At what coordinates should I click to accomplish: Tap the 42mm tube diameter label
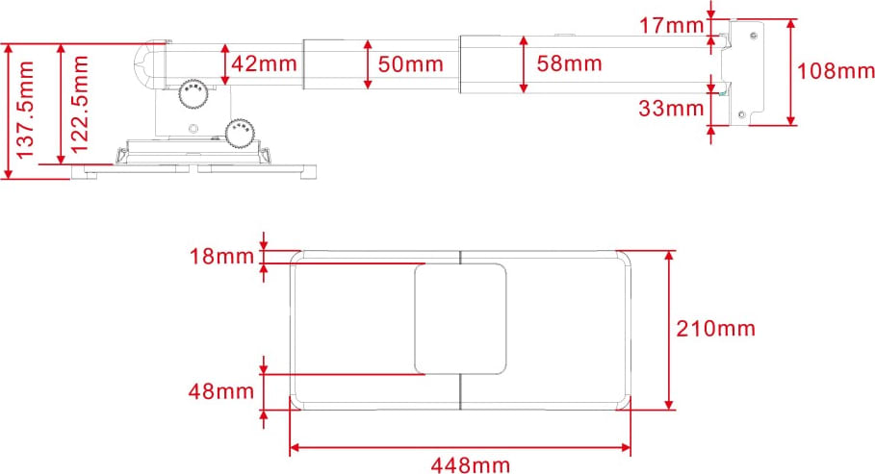click(264, 64)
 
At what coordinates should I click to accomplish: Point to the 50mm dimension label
click(410, 64)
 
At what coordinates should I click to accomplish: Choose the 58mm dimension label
click(569, 64)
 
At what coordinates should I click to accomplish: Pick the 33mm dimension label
click(672, 109)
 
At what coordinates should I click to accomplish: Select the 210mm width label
click(716, 329)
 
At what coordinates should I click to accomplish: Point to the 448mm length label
click(471, 465)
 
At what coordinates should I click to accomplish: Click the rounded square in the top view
click(460, 318)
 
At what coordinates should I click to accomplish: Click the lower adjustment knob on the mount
click(240, 133)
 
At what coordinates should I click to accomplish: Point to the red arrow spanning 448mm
click(460, 447)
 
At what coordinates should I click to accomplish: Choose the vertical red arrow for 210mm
click(668, 330)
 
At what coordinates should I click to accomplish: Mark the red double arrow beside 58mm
click(524, 64)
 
